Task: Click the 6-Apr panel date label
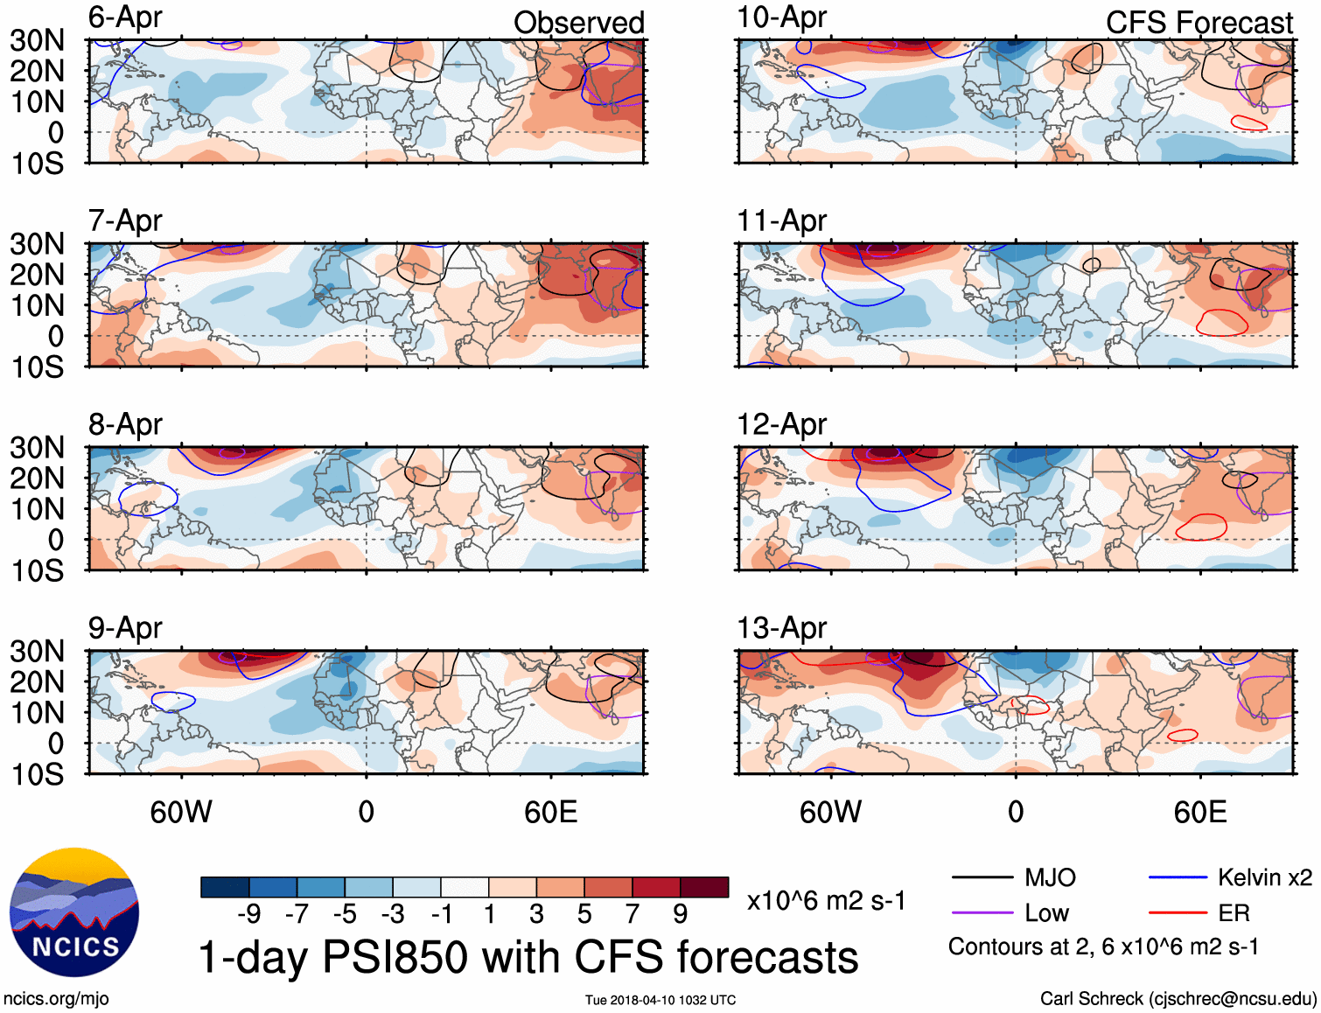coord(125,18)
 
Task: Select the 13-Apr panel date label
coord(781,628)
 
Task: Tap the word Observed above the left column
coord(578,23)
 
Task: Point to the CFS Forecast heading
coord(1199,23)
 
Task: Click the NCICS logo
coord(74,912)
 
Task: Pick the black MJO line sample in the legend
coord(982,877)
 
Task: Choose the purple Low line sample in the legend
coord(982,913)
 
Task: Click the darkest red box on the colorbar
coord(704,887)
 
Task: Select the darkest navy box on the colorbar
coord(224,887)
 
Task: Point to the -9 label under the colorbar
coord(248,914)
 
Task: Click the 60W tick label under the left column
coord(181,812)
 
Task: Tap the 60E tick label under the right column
coord(1199,812)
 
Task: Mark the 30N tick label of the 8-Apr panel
coord(37,448)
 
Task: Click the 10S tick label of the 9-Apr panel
coord(37,774)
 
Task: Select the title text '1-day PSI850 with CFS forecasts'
coord(528,957)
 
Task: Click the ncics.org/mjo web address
coord(56,998)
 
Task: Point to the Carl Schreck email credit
coord(1178,998)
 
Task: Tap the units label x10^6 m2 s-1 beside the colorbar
coord(826,900)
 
